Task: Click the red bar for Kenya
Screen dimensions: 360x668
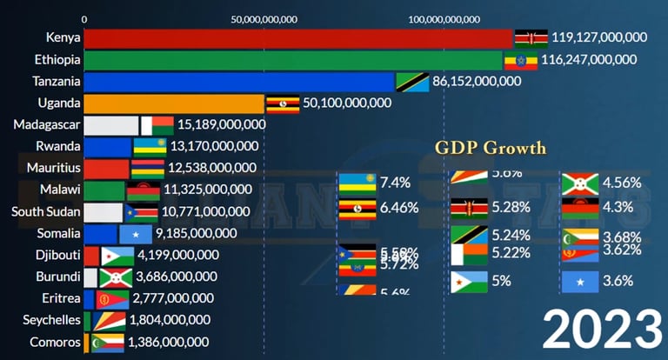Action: click(296, 37)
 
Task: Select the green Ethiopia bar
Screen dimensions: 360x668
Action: click(291, 60)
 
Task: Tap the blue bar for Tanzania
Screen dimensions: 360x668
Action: click(239, 82)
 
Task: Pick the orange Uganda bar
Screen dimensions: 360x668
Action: click(174, 103)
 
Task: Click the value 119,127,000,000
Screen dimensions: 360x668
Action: click(600, 37)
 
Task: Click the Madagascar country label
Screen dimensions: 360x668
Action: click(47, 124)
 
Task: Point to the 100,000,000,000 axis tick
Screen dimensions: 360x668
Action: click(444, 18)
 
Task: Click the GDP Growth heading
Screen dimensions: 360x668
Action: click(491, 147)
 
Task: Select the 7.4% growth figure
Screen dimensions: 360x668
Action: click(395, 183)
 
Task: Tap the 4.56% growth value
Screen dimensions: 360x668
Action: click(621, 183)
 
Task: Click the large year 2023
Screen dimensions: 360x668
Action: click(601, 329)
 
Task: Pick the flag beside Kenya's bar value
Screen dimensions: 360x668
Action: click(531, 37)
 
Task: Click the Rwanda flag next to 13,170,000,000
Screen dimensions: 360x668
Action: click(149, 146)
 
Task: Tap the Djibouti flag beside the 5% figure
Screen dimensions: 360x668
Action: click(468, 282)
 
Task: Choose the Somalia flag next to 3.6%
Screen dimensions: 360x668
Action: click(578, 282)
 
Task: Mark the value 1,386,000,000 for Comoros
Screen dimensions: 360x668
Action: click(168, 342)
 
